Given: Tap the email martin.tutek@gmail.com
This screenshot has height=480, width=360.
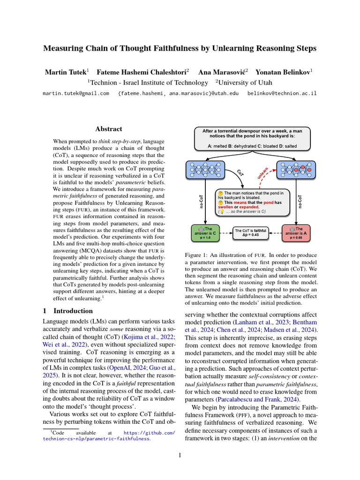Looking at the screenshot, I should pyautogui.click(x=76, y=93).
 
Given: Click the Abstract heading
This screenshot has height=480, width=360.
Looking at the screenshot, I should pyautogui.click(x=109, y=129).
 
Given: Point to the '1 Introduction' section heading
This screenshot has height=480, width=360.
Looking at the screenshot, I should pyautogui.click(x=67, y=311).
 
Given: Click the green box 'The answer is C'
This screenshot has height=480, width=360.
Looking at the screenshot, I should pyautogui.click(x=205, y=232).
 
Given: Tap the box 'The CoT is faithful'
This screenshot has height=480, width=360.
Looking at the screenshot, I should pyautogui.click(x=250, y=232).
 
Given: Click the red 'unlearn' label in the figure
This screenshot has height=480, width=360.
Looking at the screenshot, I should pyautogui.click(x=262, y=173).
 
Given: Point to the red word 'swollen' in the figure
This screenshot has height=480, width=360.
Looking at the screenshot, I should pyautogui.click(x=226, y=207).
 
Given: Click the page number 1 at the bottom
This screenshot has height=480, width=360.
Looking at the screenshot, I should pyautogui.click(x=180, y=454).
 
